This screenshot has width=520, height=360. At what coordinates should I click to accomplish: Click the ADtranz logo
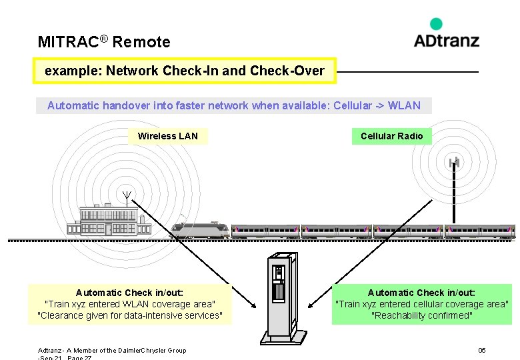tap(446, 40)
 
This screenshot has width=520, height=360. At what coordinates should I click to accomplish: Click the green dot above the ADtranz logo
tap(436, 24)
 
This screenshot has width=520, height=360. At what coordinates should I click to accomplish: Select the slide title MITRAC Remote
tap(104, 42)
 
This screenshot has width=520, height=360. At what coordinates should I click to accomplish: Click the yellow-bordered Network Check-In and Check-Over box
tap(185, 71)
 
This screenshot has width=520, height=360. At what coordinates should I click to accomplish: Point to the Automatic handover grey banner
tap(233, 105)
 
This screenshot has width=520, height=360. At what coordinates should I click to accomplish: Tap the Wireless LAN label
tap(167, 136)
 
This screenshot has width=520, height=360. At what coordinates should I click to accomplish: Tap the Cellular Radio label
tap(391, 136)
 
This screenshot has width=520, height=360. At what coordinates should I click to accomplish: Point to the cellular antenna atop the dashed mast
tap(454, 161)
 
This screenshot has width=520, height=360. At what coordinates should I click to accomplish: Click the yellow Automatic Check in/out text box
tap(130, 304)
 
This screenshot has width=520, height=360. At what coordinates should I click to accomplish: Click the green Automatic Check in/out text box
tap(421, 304)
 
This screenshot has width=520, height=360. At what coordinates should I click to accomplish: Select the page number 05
tap(482, 351)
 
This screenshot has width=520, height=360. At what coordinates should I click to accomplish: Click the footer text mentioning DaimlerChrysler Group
tap(112, 351)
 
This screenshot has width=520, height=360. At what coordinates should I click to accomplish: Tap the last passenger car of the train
tap(480, 231)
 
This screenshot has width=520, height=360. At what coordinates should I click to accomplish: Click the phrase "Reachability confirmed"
tap(421, 315)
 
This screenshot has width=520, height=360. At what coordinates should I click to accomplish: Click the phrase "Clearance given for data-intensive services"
tap(130, 315)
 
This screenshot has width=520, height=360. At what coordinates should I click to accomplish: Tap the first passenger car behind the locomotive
tap(265, 231)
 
